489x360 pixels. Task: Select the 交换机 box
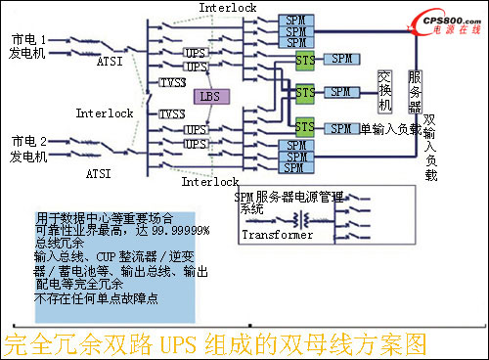point(386,91)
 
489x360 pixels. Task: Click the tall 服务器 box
point(416,91)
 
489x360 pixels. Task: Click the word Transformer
point(276,236)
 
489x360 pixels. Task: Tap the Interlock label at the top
point(227,8)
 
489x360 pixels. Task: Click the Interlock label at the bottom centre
point(209,182)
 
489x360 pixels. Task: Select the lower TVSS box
point(172,114)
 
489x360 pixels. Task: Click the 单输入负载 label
point(391,129)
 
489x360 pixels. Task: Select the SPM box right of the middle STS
point(340,92)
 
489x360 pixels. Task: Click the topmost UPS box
point(197,50)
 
